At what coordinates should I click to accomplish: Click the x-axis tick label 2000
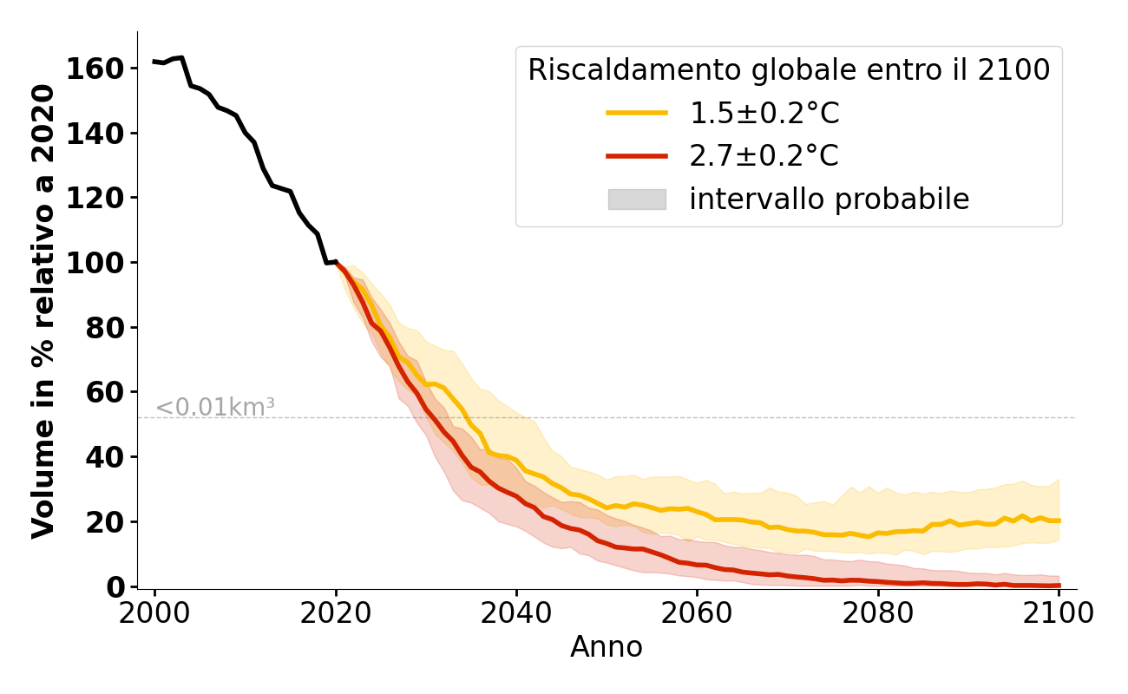[155, 612]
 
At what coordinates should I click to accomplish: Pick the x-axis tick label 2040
[516, 612]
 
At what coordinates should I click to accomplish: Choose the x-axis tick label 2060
[697, 612]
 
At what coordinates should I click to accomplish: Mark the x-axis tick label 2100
[1058, 612]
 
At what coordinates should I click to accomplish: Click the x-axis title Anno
[607, 647]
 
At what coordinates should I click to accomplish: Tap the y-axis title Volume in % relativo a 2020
[43, 311]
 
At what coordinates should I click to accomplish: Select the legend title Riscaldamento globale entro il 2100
[789, 70]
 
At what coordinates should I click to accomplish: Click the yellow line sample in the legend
[637, 113]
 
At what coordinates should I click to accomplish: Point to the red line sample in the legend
[637, 156]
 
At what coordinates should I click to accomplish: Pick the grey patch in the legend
[637, 200]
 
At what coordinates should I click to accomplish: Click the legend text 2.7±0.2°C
[764, 156]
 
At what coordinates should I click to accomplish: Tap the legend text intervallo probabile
[829, 200]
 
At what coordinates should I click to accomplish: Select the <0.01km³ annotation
[215, 407]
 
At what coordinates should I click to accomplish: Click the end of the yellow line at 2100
[1059, 520]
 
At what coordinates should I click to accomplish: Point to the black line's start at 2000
[155, 62]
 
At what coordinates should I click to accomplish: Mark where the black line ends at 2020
[336, 262]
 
